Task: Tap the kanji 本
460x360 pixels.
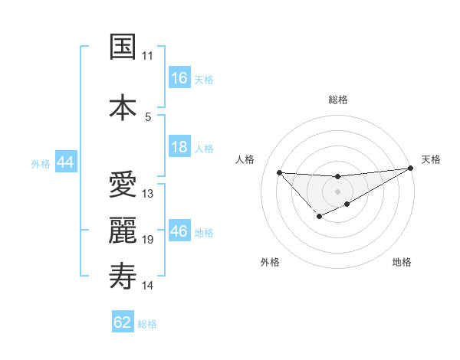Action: pos(123,106)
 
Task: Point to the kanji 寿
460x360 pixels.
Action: pos(123,276)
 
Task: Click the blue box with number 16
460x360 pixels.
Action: pos(179,78)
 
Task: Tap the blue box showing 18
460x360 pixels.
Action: pos(179,147)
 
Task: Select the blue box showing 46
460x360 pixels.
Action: pos(179,231)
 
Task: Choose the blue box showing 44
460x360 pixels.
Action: pos(65,162)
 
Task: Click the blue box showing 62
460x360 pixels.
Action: pos(123,322)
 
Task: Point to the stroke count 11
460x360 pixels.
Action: pos(147,56)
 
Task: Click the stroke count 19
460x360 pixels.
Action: pos(148,240)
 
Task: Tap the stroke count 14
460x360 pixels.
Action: pos(148,286)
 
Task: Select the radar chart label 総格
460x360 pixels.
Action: pos(337,100)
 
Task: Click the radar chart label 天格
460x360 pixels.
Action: pos(431,159)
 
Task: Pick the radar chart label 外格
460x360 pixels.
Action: pos(270,262)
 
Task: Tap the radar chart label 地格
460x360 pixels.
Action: pos(402,262)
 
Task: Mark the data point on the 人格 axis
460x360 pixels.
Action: pos(279,172)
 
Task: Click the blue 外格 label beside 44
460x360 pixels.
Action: pos(40,163)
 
